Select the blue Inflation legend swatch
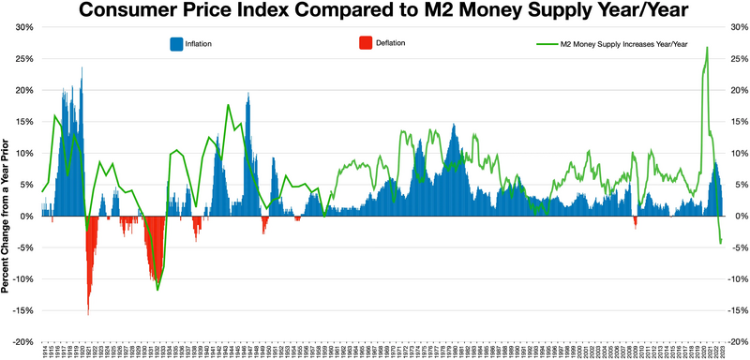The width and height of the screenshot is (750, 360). coord(176,44)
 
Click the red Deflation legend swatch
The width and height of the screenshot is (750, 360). coord(366,44)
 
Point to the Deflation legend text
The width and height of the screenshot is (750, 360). coord(393,44)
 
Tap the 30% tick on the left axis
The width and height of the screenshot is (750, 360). coord(23,27)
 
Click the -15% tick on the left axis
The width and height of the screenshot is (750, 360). coord(22,310)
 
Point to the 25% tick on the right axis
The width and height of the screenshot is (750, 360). coord(735,59)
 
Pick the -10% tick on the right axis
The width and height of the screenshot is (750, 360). coord(735,279)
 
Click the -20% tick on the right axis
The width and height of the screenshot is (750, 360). coord(735,342)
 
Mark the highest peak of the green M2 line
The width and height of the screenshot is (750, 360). coord(706,48)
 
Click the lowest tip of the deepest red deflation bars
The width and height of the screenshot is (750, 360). coord(89,314)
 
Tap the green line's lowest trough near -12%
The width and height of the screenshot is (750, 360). coord(157,290)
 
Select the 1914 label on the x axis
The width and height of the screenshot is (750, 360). coord(43,351)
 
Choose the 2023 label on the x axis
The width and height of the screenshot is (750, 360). coord(722,351)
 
